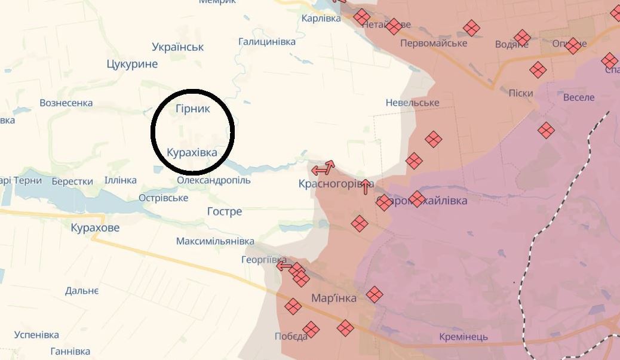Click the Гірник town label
pyautogui.click(x=193, y=109)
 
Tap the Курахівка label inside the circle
pyautogui.click(x=192, y=152)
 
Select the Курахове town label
pyautogui.click(x=95, y=227)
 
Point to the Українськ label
pyautogui.click(x=177, y=47)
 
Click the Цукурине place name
pyautogui.click(x=132, y=64)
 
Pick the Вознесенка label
pyautogui.click(x=66, y=103)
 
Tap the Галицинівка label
pyautogui.click(x=267, y=42)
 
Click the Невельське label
pyautogui.click(x=412, y=103)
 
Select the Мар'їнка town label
pyautogui.click(x=334, y=298)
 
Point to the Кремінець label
pyautogui.click(x=463, y=337)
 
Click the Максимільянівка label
pyautogui.click(x=215, y=241)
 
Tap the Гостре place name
pyautogui.click(x=225, y=211)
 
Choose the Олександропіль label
pyautogui.click(x=214, y=180)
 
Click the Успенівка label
pyautogui.click(x=36, y=334)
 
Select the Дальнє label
pyautogui.click(x=82, y=291)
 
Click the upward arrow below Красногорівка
pyautogui.click(x=366, y=187)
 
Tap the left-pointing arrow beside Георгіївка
pyautogui.click(x=284, y=266)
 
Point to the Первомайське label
pyautogui.click(x=434, y=43)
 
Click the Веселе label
pyautogui.click(x=578, y=97)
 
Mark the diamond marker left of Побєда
pyautogui.click(x=293, y=307)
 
